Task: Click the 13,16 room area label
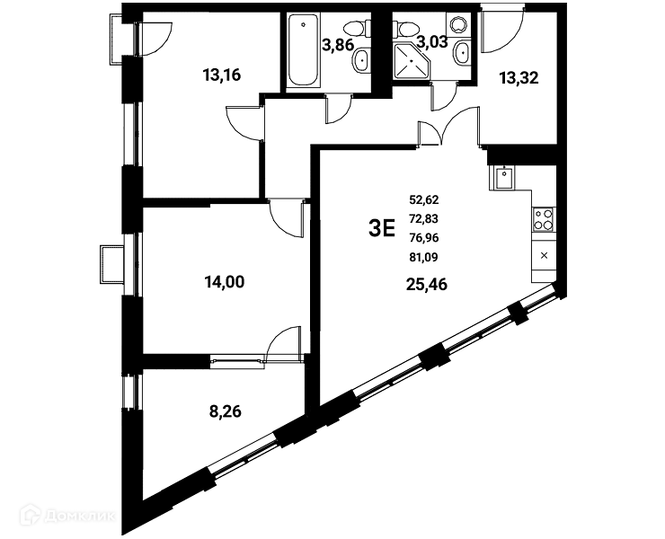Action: (222, 75)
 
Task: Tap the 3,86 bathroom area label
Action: (338, 44)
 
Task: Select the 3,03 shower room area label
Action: (432, 41)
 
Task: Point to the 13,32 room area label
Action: (519, 78)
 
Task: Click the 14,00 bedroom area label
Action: (225, 281)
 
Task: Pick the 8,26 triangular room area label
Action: (226, 411)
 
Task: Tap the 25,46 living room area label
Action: (427, 285)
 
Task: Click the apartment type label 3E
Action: (382, 228)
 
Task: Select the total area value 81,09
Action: (423, 257)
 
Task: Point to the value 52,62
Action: (423, 199)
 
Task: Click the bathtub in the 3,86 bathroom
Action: (303, 50)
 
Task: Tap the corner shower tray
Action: (412, 61)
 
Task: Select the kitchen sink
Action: (504, 178)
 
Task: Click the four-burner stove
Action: (544, 219)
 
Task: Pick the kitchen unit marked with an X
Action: (545, 256)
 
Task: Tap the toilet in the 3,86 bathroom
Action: (354, 30)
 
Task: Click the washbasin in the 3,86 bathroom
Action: (361, 61)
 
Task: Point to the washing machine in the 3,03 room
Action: (458, 24)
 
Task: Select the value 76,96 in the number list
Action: (423, 238)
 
